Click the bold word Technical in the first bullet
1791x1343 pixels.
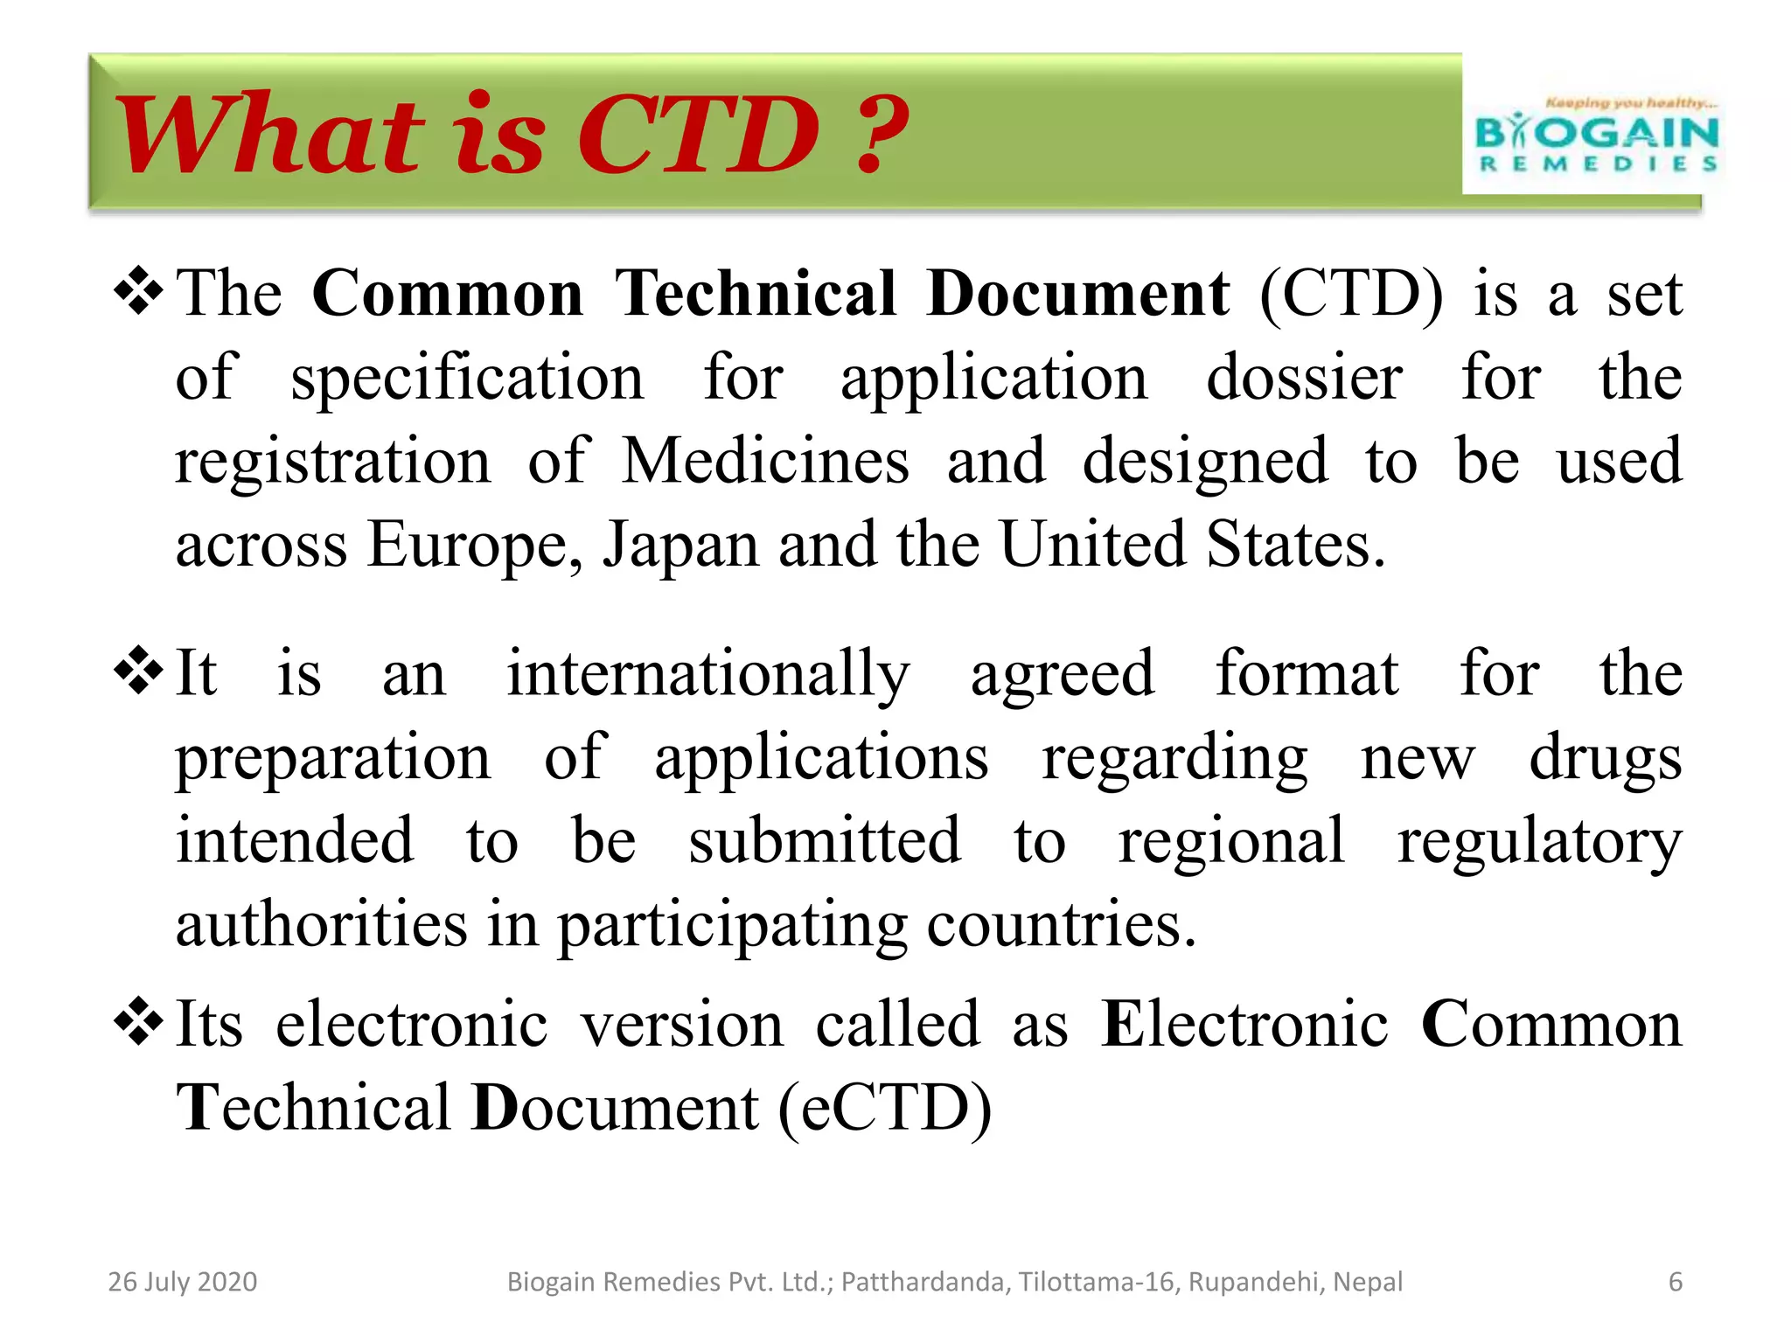[756, 293]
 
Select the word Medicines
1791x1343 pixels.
[765, 461]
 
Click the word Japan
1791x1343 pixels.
[680, 545]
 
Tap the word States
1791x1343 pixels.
[1295, 545]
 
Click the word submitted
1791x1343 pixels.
[825, 840]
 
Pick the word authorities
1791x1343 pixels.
[321, 924]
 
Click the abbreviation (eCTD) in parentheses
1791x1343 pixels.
[885, 1108]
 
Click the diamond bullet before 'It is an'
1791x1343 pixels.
[139, 671]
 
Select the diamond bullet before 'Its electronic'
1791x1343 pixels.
[139, 1021]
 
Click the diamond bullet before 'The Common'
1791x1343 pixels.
[139, 292]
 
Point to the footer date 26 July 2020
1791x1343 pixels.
[183, 1282]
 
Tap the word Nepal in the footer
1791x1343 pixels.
[1368, 1282]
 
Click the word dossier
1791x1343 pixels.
[1304, 378]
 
